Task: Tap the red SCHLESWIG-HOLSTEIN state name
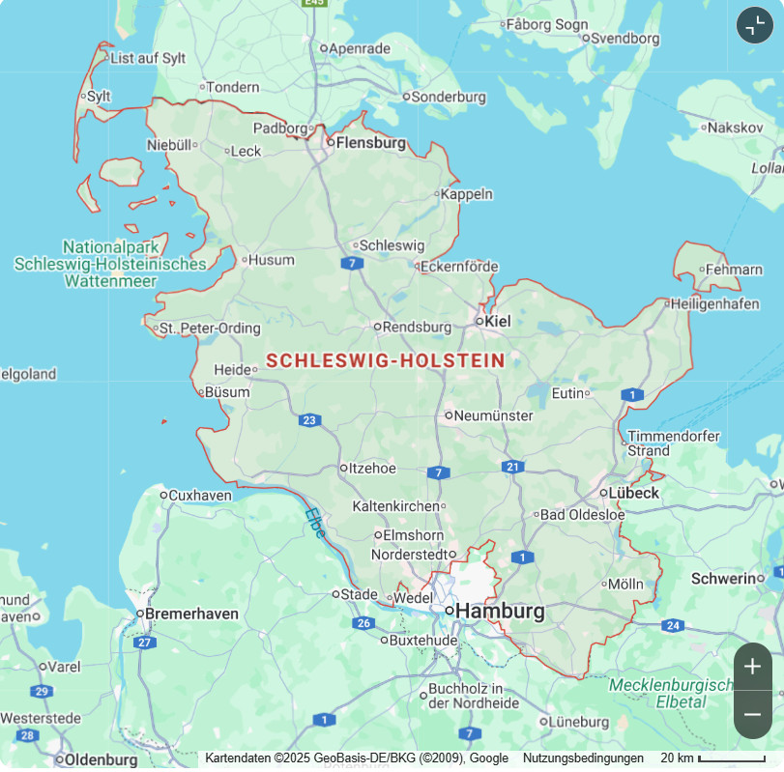pyautogui.click(x=385, y=360)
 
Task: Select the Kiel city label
pyautogui.click(x=498, y=321)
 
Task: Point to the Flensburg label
pyautogui.click(x=370, y=143)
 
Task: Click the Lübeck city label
pyautogui.click(x=633, y=493)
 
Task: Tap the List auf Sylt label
pyautogui.click(x=147, y=58)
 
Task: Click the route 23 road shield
pyautogui.click(x=309, y=420)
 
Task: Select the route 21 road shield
pyautogui.click(x=512, y=467)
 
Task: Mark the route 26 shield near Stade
pyautogui.click(x=363, y=623)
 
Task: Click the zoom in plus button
pyautogui.click(x=752, y=667)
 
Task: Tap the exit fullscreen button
pyautogui.click(x=755, y=25)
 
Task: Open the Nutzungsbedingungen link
pyautogui.click(x=583, y=758)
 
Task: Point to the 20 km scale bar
pyautogui.click(x=731, y=758)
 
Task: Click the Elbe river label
pyautogui.click(x=315, y=523)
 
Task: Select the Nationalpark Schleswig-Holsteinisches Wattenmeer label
pyautogui.click(x=110, y=264)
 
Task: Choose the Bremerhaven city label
pyautogui.click(x=190, y=614)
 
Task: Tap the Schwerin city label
pyautogui.click(x=722, y=578)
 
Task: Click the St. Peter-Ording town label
pyautogui.click(x=210, y=329)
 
